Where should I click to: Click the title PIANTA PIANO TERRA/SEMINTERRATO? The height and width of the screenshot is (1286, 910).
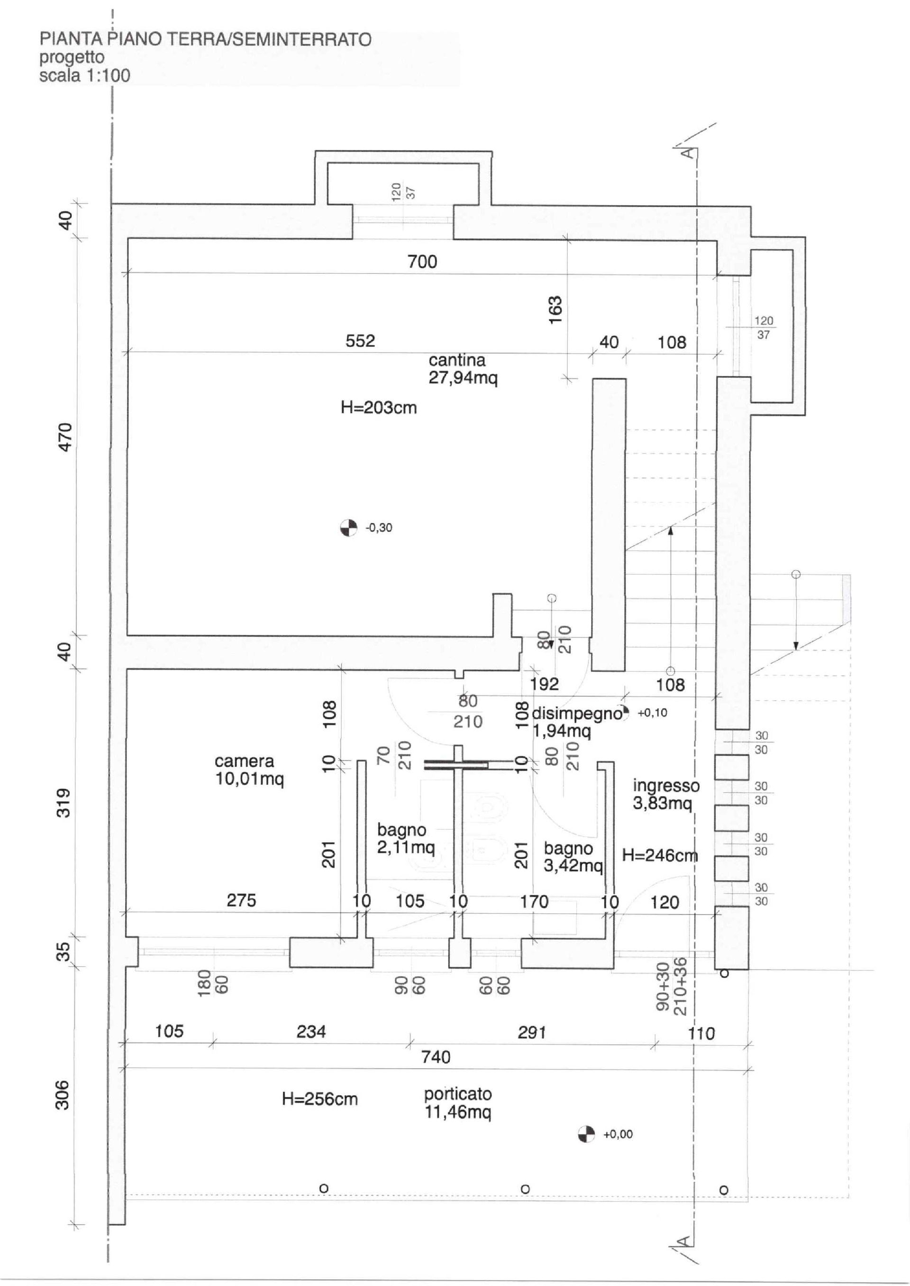(x=205, y=39)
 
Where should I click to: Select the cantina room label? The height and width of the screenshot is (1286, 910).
(x=463, y=369)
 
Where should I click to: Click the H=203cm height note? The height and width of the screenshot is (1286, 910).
(x=379, y=407)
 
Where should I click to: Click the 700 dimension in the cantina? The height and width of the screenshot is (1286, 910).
(x=422, y=262)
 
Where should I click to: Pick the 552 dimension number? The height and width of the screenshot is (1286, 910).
(x=360, y=341)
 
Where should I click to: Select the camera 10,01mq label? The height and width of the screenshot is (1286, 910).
(x=249, y=770)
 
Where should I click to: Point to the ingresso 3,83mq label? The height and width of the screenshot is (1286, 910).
(x=666, y=794)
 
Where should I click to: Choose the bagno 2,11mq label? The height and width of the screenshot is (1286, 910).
(x=406, y=839)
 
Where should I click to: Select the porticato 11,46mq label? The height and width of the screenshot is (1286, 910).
(x=458, y=1103)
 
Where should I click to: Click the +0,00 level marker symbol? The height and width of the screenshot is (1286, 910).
(x=586, y=1134)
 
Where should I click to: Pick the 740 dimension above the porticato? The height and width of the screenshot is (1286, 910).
(x=436, y=1057)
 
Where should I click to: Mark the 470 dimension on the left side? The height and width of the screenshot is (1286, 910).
(x=65, y=437)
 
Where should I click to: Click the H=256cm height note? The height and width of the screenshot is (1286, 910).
(x=319, y=1099)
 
